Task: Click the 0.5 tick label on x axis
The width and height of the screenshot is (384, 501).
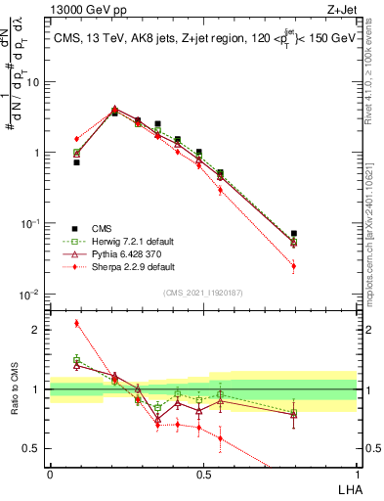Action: [203, 475]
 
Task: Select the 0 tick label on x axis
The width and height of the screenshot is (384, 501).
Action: [50, 475]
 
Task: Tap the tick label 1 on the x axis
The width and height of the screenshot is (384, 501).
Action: [356, 475]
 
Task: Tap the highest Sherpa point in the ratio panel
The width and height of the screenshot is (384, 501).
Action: [76, 323]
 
